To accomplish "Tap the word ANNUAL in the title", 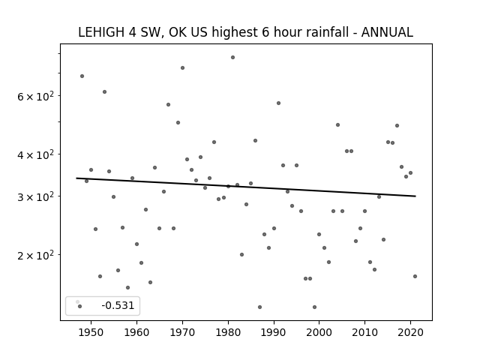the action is pyautogui.click(x=387, y=32).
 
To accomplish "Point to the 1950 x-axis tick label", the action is pyautogui.click(x=91, y=332).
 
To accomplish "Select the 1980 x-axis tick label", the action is pyautogui.click(x=228, y=332).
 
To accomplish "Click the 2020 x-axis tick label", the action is pyautogui.click(x=410, y=332).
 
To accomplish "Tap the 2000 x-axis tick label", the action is pyautogui.click(x=319, y=332).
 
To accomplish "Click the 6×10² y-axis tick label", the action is pyautogui.click(x=35, y=97).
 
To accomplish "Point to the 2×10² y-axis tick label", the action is pyautogui.click(x=35, y=255).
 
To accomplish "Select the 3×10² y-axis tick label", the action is pyautogui.click(x=35, y=196).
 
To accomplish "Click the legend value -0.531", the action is pyautogui.click(x=118, y=305).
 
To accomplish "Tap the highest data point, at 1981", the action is pyautogui.click(x=232, y=57).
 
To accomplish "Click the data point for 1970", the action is pyautogui.click(x=182, y=67).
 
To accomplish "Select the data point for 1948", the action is pyautogui.click(x=82, y=76).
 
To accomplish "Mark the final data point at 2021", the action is pyautogui.click(x=415, y=276).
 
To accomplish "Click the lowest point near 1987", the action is pyautogui.click(x=260, y=307).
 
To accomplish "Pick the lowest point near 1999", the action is pyautogui.click(x=314, y=307).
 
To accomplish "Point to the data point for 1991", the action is pyautogui.click(x=278, y=103).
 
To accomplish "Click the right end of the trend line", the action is pyautogui.click(x=415, y=196).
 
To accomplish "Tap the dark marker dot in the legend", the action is pyautogui.click(x=80, y=306).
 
